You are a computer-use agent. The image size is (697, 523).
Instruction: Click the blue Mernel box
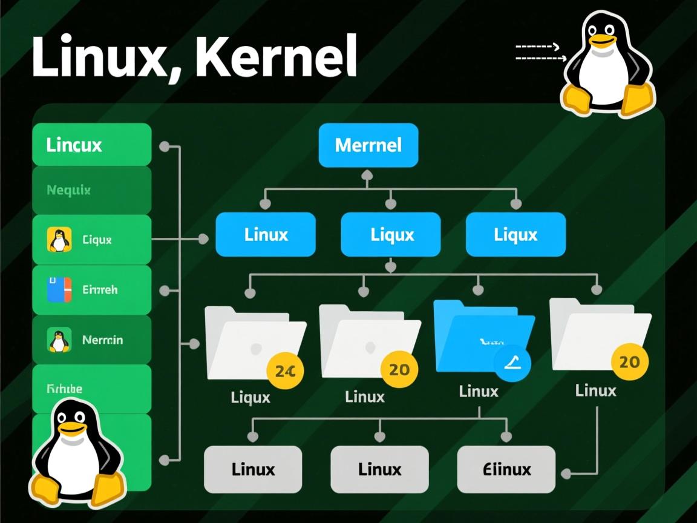[368, 145]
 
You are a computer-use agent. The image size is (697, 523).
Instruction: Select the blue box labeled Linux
[266, 234]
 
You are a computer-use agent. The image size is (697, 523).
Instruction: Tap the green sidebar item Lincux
[91, 145]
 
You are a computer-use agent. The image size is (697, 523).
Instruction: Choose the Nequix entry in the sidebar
[91, 190]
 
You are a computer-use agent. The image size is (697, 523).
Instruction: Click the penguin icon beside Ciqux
[59, 240]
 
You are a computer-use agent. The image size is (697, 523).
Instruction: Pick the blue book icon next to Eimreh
[59, 289]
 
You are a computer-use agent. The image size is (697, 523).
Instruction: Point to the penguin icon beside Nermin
[59, 340]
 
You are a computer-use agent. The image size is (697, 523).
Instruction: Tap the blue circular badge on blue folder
[512, 363]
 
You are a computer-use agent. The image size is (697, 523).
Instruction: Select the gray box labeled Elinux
[506, 469]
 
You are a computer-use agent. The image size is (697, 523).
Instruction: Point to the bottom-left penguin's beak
[72, 429]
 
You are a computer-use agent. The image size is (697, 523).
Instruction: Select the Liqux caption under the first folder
[250, 398]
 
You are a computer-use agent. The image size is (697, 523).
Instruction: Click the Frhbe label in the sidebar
[64, 389]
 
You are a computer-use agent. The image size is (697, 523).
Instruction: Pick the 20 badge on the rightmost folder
[629, 362]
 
